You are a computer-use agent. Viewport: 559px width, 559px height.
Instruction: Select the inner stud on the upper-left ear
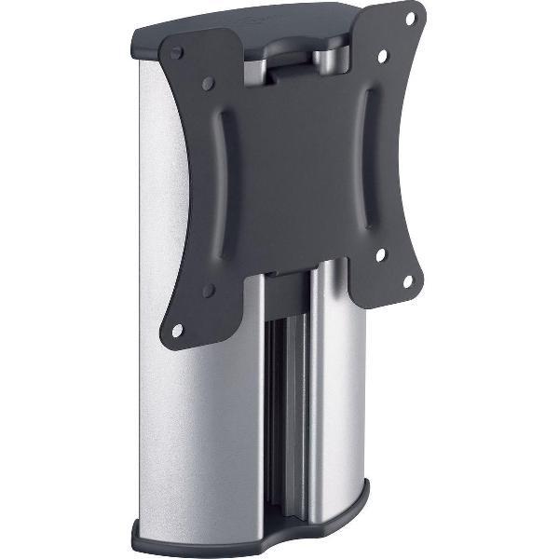point(208,84)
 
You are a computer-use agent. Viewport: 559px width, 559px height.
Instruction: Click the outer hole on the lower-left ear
point(178,329)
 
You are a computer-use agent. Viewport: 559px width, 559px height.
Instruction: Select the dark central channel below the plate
point(279,410)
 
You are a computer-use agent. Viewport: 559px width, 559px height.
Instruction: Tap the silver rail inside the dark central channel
point(291,410)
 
